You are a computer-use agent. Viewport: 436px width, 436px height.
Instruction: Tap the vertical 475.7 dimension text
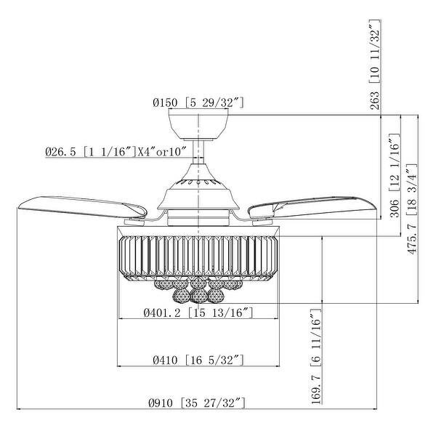coord(413,250)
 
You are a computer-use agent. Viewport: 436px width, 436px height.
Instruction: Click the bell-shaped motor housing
coord(198,190)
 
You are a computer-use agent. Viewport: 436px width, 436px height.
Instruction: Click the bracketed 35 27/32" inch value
coord(211,401)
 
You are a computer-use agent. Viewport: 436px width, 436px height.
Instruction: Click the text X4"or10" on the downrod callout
coord(161,152)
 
